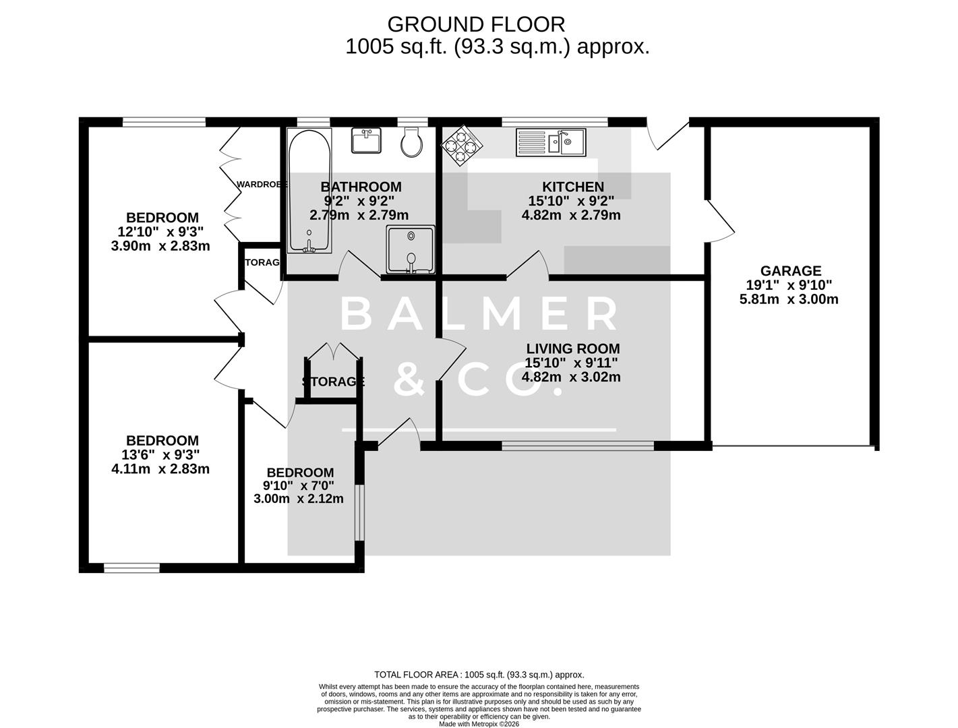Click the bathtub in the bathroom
(x=309, y=191)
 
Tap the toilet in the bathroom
(x=411, y=142)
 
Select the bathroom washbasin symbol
(x=366, y=140)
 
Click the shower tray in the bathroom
(x=410, y=250)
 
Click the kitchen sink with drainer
(x=551, y=142)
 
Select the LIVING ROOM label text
(x=572, y=348)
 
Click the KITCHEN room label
(x=572, y=187)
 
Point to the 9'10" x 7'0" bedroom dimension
(x=299, y=486)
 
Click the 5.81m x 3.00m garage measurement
(x=789, y=299)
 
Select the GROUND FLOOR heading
(x=475, y=24)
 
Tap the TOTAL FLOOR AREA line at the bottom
(x=479, y=674)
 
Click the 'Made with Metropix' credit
(x=479, y=724)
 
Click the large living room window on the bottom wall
(x=578, y=446)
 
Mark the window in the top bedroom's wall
(x=164, y=122)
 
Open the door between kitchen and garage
(x=718, y=219)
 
